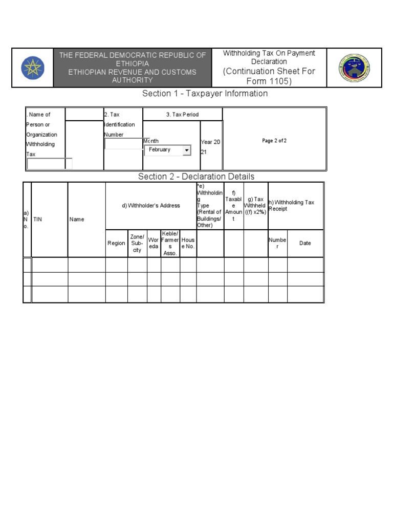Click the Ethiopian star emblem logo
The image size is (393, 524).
click(x=33, y=68)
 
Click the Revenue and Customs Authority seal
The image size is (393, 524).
click(x=354, y=68)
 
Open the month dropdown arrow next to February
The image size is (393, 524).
click(x=187, y=150)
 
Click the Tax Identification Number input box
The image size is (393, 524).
click(x=123, y=144)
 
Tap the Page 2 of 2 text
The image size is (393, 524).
click(x=274, y=141)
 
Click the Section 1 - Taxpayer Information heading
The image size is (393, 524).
click(x=205, y=94)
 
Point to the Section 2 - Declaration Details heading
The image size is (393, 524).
click(x=196, y=177)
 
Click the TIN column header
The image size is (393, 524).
click(x=38, y=219)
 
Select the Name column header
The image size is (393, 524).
click(x=77, y=219)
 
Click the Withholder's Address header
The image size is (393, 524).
click(x=151, y=206)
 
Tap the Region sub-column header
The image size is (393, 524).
click(x=116, y=244)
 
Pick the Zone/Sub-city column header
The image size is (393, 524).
click(x=137, y=244)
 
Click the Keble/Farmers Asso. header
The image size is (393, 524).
click(x=170, y=244)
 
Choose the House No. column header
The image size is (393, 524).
click(x=188, y=244)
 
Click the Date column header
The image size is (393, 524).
click(x=305, y=244)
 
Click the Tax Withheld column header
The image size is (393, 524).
click(x=255, y=206)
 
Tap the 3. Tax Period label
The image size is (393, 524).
click(x=182, y=115)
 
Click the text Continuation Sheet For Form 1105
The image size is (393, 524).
click(x=269, y=76)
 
